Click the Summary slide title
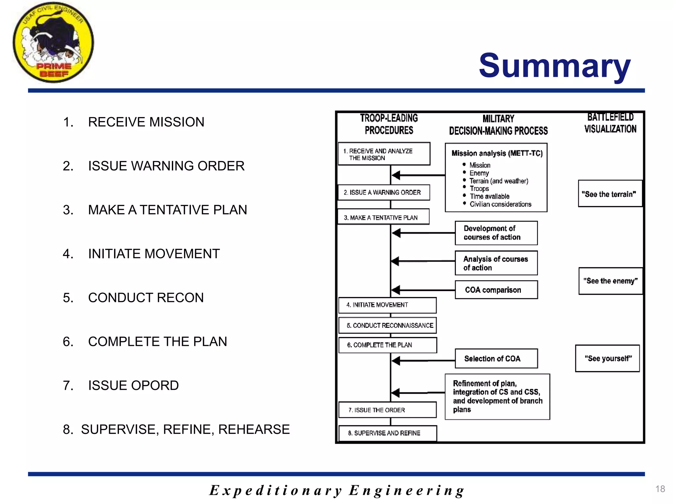point(554,66)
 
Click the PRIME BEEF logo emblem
point(53,43)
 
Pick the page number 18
point(660,489)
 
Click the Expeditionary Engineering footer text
point(336,491)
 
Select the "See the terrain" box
point(610,194)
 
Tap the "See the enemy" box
point(610,281)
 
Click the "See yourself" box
point(607,358)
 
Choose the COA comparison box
point(496,290)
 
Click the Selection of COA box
point(496,359)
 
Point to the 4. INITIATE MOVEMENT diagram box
point(387,305)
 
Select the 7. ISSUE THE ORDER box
point(387,410)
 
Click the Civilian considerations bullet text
point(500,204)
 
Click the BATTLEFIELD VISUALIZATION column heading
point(610,123)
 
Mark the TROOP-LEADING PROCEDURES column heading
point(389,124)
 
